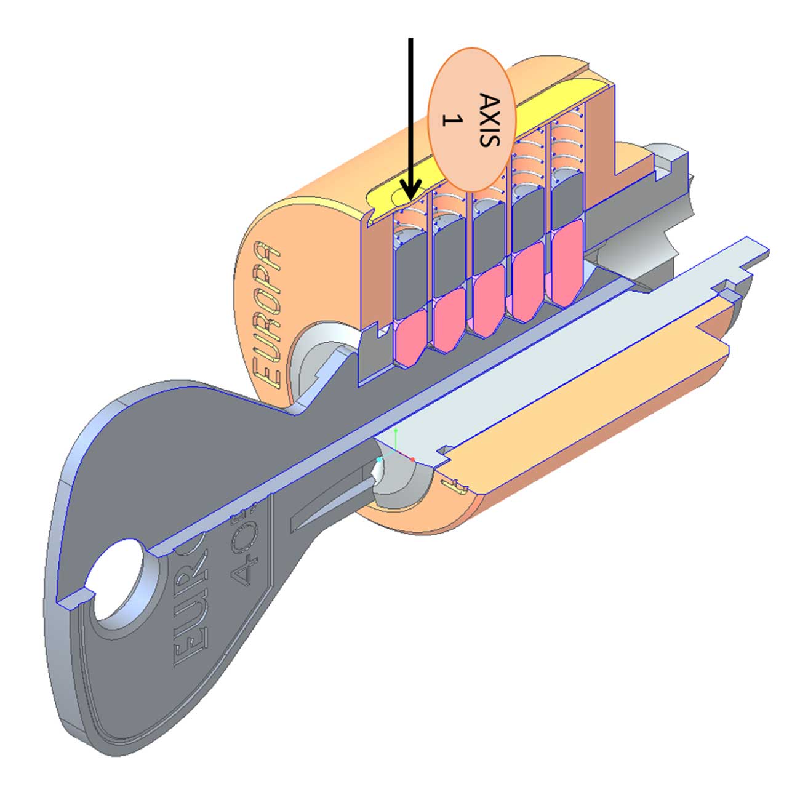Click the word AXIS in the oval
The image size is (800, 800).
tap(488, 121)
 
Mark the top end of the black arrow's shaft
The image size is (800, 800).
tap(411, 40)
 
